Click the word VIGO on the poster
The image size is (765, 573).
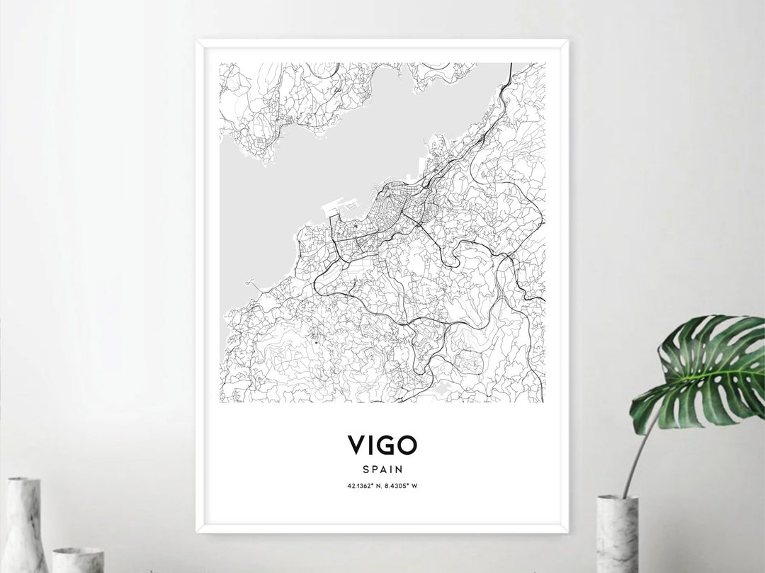tap(382, 446)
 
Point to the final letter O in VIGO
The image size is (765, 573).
tap(408, 446)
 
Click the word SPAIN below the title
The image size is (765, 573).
tap(382, 469)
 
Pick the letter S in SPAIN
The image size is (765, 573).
tap(366, 469)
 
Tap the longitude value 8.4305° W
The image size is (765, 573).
tap(402, 485)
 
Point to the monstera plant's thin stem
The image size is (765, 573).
tap(635, 453)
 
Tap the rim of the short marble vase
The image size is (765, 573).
tap(78, 550)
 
